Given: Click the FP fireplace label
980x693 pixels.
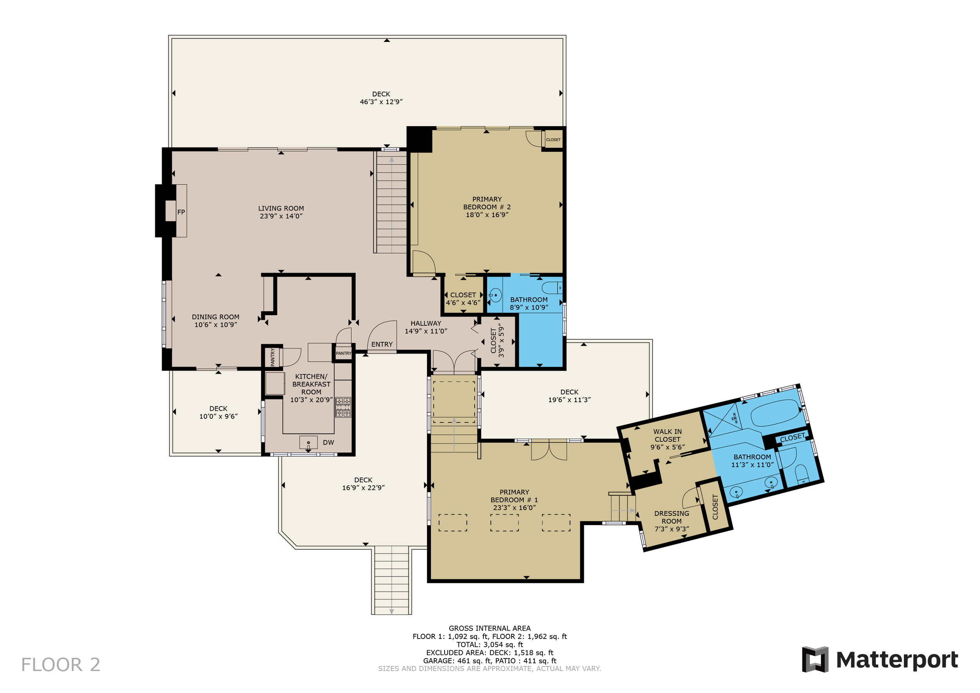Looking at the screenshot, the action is pos(181,212).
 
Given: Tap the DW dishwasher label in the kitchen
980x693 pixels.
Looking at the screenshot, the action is pos(328,443).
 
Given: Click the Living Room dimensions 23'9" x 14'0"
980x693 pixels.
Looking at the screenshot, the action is pos(281,216).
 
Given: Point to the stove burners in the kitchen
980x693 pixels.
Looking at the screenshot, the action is pos(343,407).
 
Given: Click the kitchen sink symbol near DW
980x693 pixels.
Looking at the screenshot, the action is pos(308,443).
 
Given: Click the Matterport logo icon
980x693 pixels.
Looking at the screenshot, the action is pos(815,659).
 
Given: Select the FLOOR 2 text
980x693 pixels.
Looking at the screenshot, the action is pos(61,665).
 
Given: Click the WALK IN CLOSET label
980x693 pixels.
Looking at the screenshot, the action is pos(668,436).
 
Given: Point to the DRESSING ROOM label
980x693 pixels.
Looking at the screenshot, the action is pos(671,517).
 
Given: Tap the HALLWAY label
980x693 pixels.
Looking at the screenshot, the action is pos(426,323).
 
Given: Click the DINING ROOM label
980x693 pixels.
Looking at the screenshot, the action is pos(216,317).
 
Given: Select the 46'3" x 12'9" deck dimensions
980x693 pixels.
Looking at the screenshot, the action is pos(381,102).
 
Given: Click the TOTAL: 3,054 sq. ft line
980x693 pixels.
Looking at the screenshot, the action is pos(490,644).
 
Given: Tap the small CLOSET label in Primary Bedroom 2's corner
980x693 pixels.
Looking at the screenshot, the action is pos(553,140).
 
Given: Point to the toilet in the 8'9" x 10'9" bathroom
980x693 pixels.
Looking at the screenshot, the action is pos(552,288).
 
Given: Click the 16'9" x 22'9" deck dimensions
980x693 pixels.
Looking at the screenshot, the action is pos(363,488).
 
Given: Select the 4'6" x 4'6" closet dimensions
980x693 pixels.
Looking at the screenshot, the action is pos(463,303).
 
